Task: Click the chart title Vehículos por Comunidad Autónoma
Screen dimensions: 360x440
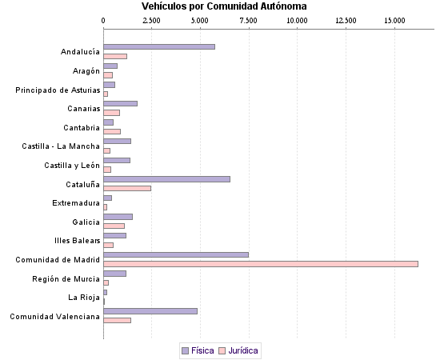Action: [223, 6]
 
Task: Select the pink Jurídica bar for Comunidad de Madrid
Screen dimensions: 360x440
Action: [261, 264]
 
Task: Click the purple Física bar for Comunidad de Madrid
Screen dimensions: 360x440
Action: [176, 254]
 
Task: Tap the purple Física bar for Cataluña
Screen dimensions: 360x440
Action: [166, 179]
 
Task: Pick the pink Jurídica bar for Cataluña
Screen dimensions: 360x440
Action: [127, 188]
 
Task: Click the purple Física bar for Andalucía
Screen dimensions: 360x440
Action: [159, 46]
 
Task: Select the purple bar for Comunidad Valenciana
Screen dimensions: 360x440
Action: [150, 311]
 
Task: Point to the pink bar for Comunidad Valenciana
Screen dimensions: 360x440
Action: [118, 320]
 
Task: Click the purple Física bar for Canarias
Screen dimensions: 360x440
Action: [121, 103]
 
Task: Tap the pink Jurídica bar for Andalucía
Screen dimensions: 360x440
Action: [115, 56]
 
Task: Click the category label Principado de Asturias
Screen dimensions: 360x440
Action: [58, 90]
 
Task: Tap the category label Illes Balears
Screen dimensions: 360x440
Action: [78, 240]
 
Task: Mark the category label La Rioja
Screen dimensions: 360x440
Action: [85, 297]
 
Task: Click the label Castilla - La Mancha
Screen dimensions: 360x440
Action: [61, 146]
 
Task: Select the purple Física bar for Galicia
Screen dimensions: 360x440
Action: [118, 217]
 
